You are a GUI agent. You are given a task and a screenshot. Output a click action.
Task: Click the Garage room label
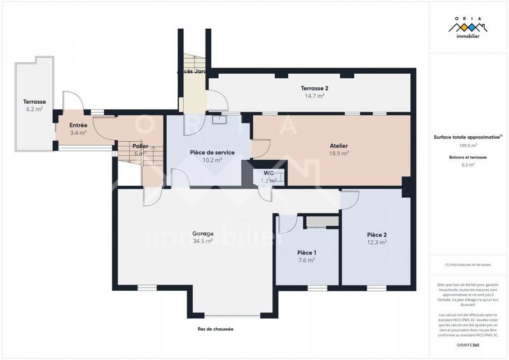click(x=203, y=237)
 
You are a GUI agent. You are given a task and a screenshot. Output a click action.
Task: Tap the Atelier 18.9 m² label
click(x=338, y=149)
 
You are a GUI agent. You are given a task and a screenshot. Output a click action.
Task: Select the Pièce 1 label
click(x=307, y=256)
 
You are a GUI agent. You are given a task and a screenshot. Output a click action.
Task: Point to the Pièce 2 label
click(x=377, y=239)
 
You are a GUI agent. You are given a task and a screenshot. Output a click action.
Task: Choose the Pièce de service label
click(x=213, y=156)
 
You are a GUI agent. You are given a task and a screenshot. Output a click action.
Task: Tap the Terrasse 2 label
click(x=314, y=92)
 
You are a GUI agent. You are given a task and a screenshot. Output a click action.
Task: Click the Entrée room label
click(x=78, y=129)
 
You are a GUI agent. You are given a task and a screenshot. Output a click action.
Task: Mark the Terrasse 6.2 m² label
click(x=34, y=105)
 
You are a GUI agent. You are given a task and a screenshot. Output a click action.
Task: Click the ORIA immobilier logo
click(x=468, y=27)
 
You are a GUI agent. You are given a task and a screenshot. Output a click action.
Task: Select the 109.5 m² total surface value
click(x=468, y=146)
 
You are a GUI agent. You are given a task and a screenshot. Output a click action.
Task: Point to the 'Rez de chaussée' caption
click(x=215, y=329)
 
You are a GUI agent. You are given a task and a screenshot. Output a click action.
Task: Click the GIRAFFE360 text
click(x=468, y=344)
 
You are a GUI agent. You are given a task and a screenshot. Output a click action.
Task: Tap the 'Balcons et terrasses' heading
click(x=468, y=156)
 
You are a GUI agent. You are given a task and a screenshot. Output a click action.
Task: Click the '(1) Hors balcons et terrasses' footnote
click(x=468, y=265)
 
